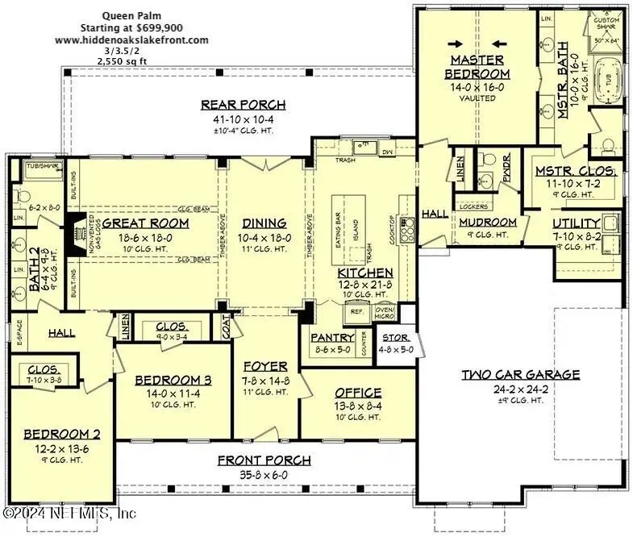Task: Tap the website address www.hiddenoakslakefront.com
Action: [x=131, y=40]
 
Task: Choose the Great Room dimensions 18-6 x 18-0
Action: [x=145, y=238]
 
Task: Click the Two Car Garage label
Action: [x=520, y=374]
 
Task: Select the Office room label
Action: [x=357, y=393]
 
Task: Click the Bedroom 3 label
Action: [x=173, y=381]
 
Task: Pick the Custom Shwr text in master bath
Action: [x=606, y=22]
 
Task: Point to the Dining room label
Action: [x=264, y=223]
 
